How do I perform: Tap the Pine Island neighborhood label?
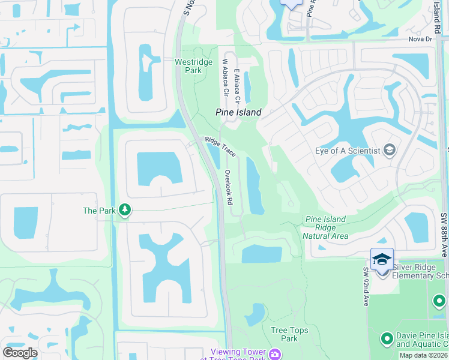[x=238, y=112]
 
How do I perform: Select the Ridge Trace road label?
[x=221, y=148]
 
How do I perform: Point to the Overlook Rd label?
[x=228, y=187]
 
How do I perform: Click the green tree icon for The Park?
[x=124, y=210]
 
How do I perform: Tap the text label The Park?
[x=98, y=211]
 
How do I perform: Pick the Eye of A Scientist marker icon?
[x=389, y=150]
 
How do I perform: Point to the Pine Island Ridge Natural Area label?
[x=325, y=227]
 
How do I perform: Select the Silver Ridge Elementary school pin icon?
[x=382, y=259]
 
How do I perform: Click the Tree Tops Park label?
[x=289, y=334]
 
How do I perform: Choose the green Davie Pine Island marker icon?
[x=387, y=339]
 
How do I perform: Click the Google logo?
[x=20, y=353]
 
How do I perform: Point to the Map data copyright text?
[x=423, y=355]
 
